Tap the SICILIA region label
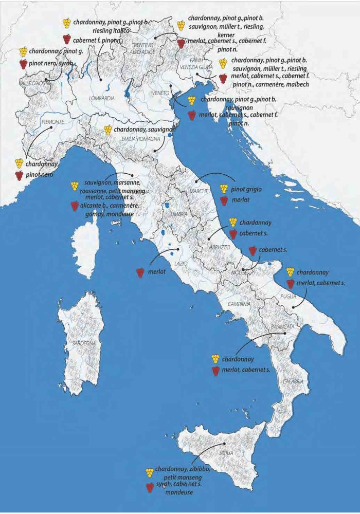226,453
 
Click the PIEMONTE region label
52,122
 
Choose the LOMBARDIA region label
101,98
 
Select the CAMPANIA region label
239,304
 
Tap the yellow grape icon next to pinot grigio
224,189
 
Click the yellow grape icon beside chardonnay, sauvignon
107,130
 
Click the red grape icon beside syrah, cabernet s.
150,487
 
